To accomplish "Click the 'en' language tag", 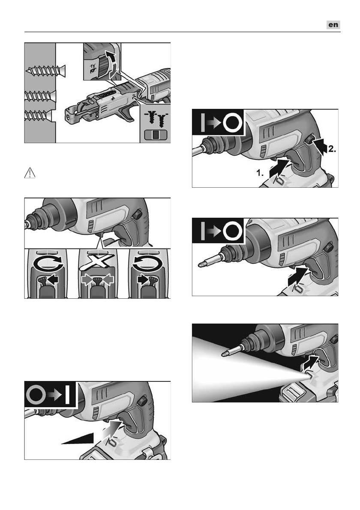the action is click(333, 25).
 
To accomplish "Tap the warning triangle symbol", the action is click(30, 173).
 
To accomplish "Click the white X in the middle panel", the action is click(97, 261).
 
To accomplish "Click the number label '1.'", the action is click(260, 173).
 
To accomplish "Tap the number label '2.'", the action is click(332, 149).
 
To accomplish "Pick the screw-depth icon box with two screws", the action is click(156, 123).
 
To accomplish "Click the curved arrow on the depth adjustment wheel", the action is click(111, 64).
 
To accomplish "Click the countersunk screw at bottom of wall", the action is click(39, 115).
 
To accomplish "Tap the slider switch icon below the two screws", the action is click(155, 134).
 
